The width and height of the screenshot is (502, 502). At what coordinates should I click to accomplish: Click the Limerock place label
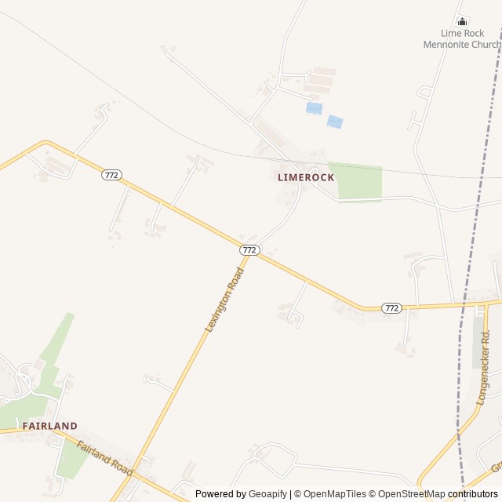(x=306, y=178)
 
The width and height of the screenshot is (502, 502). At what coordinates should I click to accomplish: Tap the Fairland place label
(x=49, y=426)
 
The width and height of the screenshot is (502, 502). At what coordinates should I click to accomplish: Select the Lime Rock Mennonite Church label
(x=462, y=39)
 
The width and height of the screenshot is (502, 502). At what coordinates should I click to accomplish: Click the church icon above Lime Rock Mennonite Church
(x=462, y=21)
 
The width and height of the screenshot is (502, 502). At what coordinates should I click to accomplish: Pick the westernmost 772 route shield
(x=111, y=175)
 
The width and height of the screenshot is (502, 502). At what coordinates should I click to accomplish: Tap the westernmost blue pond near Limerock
(x=314, y=107)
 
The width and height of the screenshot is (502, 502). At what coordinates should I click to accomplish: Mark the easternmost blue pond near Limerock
(x=335, y=122)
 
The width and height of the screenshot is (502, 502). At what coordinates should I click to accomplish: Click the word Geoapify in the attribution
(x=268, y=494)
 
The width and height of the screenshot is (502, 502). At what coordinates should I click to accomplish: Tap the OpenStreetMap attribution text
(x=408, y=494)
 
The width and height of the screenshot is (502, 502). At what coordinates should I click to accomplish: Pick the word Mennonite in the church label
(x=450, y=45)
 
